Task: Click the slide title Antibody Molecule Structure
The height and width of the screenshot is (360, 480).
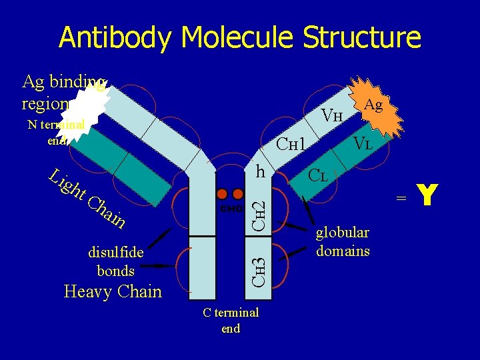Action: pyautogui.click(x=240, y=37)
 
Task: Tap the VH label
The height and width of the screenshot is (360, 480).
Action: pyautogui.click(x=332, y=115)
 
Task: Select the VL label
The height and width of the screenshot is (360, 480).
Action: pyautogui.click(x=363, y=143)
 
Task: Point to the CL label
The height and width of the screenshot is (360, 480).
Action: pyautogui.click(x=317, y=177)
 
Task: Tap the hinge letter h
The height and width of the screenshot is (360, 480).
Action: pyautogui.click(x=262, y=171)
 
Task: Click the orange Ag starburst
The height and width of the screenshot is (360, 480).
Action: pyautogui.click(x=370, y=107)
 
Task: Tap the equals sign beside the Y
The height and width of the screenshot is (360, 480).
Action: pyautogui.click(x=401, y=197)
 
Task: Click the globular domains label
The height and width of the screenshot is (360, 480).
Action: pyautogui.click(x=343, y=241)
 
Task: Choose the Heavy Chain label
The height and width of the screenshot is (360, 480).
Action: pyautogui.click(x=113, y=291)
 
